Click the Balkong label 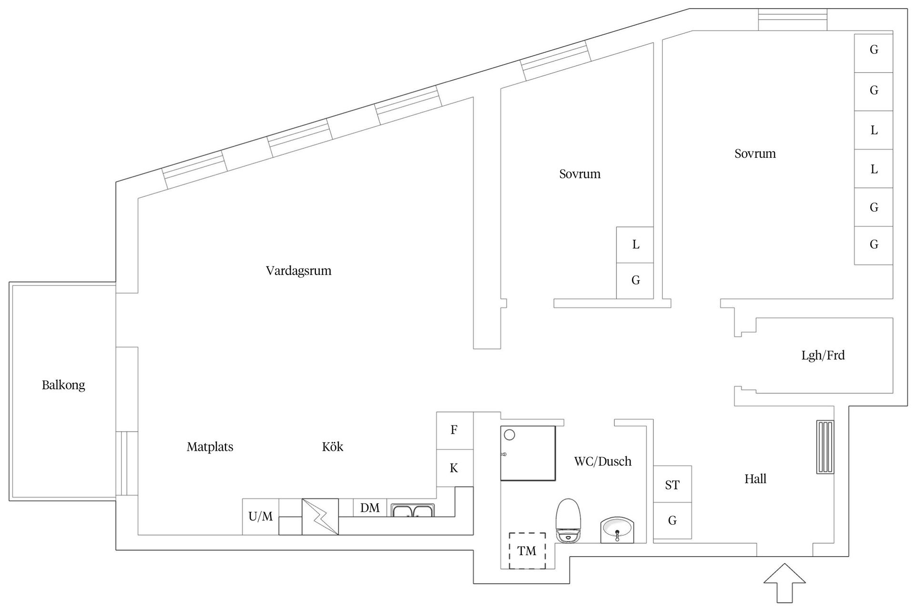pos(63,385)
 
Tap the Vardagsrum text pos(298,271)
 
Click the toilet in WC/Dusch pos(569,520)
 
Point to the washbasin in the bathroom pos(617,529)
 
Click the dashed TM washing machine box pos(527,550)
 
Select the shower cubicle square pos(528,453)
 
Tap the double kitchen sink pos(412,511)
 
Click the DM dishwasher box pos(370,508)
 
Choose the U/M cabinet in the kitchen pos(260,517)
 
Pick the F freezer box pos(454,430)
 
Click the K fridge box pos(454,468)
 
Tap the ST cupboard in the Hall pos(672,485)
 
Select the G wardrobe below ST pos(672,520)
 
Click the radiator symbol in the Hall pos(825,447)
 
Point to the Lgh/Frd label pos(823,356)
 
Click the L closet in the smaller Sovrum pos(635,245)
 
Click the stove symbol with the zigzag pos(320,517)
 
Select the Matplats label pos(210,447)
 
